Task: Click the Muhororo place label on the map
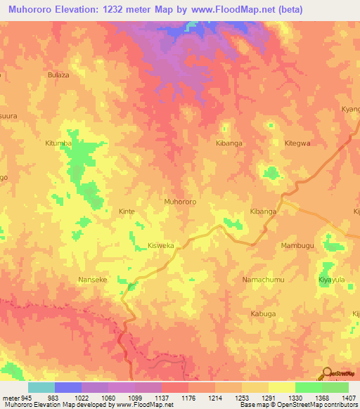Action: (179, 202)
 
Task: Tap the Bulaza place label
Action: (58, 74)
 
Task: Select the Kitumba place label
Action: (59, 143)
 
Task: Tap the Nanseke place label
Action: (92, 279)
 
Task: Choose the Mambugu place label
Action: (297, 245)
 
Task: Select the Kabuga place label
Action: (263, 313)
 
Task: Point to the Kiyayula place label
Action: (331, 279)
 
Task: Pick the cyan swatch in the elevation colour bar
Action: (41, 387)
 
